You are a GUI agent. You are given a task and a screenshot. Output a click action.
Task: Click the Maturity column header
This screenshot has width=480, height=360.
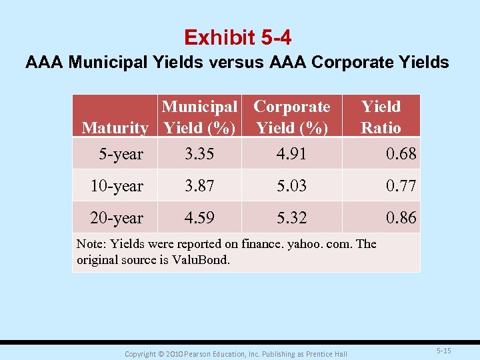pyautogui.click(x=115, y=127)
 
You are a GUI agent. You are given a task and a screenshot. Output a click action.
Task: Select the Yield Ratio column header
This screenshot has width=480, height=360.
pyautogui.click(x=381, y=117)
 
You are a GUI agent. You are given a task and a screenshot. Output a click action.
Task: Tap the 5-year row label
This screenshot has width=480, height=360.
pyautogui.click(x=121, y=154)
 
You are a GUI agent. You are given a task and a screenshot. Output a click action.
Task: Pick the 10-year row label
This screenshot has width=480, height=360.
pyautogui.click(x=117, y=186)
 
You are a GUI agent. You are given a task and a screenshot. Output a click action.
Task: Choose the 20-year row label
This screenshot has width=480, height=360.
pyautogui.click(x=117, y=218)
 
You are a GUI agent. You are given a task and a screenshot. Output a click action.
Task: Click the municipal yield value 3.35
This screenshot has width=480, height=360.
pyautogui.click(x=199, y=154)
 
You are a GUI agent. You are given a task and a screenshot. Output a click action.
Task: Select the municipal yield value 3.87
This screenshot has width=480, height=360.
pyautogui.click(x=199, y=186)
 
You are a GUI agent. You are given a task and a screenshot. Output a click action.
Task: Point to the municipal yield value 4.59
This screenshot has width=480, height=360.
pyautogui.click(x=199, y=218)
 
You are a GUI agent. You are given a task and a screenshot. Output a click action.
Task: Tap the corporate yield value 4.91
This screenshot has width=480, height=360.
pyautogui.click(x=291, y=154)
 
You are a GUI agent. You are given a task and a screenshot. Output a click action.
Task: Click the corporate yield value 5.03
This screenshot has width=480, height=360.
pyautogui.click(x=291, y=186)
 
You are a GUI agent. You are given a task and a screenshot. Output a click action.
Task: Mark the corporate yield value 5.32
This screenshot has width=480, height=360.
pyautogui.click(x=291, y=218)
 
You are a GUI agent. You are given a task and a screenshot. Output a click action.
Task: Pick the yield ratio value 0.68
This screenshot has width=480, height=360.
pyautogui.click(x=401, y=154)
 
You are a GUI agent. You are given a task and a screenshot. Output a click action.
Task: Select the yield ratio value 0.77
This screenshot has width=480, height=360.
pyautogui.click(x=401, y=186)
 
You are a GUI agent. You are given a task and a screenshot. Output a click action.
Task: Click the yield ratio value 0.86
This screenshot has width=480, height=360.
pyautogui.click(x=401, y=218)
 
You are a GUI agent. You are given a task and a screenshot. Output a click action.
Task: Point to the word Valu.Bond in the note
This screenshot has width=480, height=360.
pyautogui.click(x=199, y=259)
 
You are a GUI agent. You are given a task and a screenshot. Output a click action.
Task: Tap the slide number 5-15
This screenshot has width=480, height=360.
pyautogui.click(x=443, y=351)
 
